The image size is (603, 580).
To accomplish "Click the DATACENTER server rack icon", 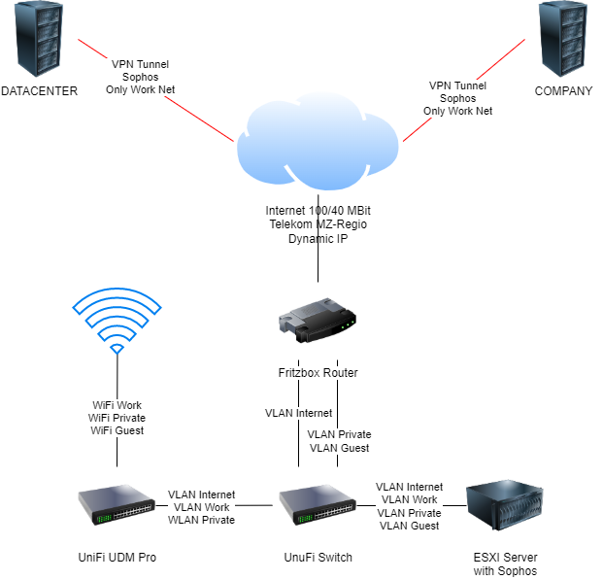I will pos(39,42).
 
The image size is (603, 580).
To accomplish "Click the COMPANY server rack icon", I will pos(563,42).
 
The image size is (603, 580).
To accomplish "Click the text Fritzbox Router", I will pos(317,372).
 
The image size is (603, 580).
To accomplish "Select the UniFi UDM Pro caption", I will pos(117,558).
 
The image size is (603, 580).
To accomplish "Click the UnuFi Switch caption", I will pos(317,558).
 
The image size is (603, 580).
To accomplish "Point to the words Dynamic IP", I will pos(317,238).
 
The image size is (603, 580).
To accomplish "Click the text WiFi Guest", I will pos(117,430).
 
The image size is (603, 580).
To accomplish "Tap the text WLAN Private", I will pos(201,520).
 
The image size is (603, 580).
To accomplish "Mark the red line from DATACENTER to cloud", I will pos(97,53).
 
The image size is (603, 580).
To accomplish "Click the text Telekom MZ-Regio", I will pos(317,224).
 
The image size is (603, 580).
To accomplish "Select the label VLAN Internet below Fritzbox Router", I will pos(298,413).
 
